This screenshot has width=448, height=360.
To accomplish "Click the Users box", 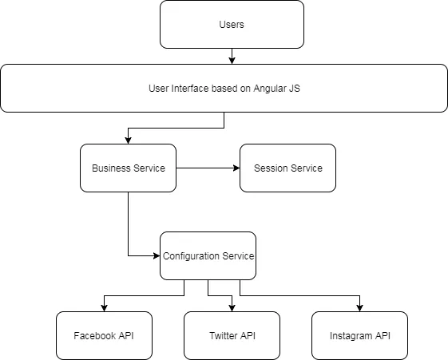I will click(x=232, y=24).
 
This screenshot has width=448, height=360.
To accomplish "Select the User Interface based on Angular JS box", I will click(x=224, y=88).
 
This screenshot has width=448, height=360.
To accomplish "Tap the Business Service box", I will click(x=128, y=168).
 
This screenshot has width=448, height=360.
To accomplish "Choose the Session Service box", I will click(x=287, y=168).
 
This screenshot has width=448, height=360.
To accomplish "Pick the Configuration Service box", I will click(x=208, y=255).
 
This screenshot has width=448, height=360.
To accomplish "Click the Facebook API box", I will click(x=104, y=335).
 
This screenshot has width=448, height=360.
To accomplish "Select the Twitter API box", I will click(x=232, y=335).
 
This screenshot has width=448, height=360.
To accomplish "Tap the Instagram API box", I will click(x=359, y=335).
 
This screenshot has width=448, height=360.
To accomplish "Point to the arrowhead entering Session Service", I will click(x=236, y=168).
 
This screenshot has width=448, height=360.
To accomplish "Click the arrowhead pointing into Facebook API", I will click(x=104, y=307).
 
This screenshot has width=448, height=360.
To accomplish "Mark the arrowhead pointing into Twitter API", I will click(x=232, y=307).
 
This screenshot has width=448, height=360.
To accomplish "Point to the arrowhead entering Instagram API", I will click(x=359, y=307).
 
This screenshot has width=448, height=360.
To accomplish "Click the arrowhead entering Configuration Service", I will click(x=156, y=255).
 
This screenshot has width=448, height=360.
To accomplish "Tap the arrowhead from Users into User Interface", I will click(x=232, y=60).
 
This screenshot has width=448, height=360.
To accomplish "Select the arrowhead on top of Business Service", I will click(x=128, y=140).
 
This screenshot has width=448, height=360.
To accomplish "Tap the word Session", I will click(x=271, y=168).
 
